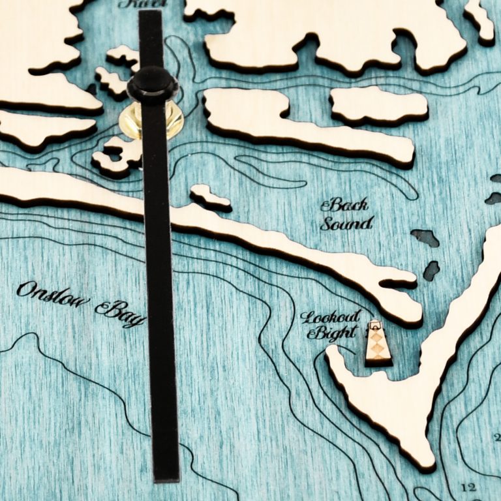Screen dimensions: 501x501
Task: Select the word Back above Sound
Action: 344,205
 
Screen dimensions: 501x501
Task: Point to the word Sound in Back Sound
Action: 346,224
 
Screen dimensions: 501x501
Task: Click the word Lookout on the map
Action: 330,318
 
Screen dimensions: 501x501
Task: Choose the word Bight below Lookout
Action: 331,334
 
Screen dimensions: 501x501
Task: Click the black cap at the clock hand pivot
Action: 153,85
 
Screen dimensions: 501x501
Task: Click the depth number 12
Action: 468,487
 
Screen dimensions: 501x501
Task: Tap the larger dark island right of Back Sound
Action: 425,237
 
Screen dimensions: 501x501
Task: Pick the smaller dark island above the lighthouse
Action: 431,270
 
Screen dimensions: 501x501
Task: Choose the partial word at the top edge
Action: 142,3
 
